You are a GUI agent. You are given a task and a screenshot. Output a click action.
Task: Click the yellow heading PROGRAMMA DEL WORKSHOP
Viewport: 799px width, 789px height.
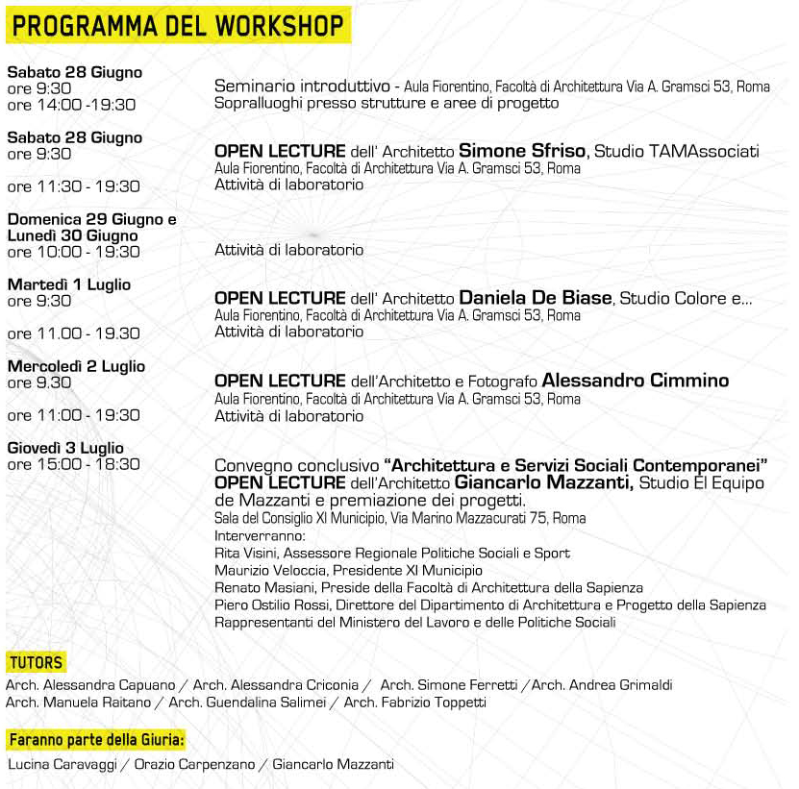[x=179, y=25]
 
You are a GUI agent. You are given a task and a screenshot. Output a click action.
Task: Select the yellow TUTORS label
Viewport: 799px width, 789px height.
[x=37, y=662]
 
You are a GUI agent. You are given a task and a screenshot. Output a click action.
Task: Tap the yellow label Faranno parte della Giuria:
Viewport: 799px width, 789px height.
[x=96, y=740]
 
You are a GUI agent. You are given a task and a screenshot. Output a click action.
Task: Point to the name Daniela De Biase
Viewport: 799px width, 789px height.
[x=535, y=298]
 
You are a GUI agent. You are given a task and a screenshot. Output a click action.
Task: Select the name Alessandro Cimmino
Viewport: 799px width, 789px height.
[x=636, y=381]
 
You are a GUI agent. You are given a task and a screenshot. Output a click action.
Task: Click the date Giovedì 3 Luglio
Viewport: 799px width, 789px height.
[x=65, y=448]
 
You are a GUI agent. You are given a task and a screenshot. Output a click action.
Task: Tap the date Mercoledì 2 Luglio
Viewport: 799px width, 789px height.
[x=76, y=366]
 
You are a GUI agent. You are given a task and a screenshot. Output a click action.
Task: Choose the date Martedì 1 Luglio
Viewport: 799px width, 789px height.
[x=68, y=284]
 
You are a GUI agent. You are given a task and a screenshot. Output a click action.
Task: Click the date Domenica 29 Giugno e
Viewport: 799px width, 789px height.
[x=91, y=219]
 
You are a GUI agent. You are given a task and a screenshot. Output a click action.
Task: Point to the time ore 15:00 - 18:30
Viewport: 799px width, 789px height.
[x=73, y=464]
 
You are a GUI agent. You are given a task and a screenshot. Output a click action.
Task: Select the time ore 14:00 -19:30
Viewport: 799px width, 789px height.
[x=71, y=105]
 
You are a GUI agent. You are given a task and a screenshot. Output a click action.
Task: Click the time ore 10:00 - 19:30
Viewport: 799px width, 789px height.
[x=73, y=252]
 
